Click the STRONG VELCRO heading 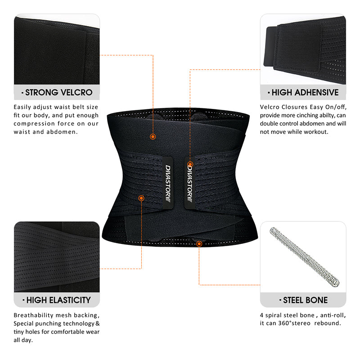point(57,93)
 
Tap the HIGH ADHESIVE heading point(303,93)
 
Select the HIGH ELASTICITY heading point(57,300)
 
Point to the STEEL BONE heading point(303,300)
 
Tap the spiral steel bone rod point(304,257)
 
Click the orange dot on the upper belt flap point(153,136)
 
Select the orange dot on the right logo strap point(190,164)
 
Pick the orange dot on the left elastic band point(141,198)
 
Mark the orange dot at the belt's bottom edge point(199,243)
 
